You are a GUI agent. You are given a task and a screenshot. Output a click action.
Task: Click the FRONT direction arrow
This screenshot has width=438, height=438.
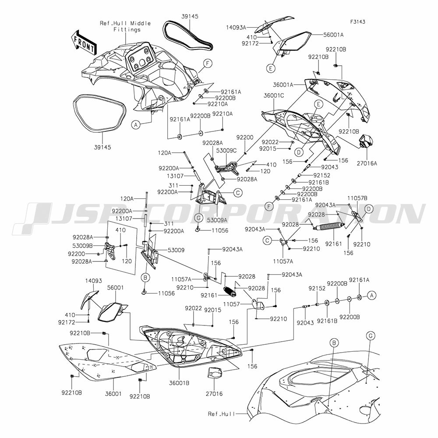point(84,42)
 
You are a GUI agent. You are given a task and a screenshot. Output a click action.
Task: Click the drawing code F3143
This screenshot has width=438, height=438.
point(358,22)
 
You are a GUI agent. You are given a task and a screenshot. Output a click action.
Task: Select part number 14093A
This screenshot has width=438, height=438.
point(236,27)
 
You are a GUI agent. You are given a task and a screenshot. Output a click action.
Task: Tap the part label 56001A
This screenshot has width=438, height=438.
point(333,35)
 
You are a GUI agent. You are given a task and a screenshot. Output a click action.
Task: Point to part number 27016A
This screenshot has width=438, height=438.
point(367,163)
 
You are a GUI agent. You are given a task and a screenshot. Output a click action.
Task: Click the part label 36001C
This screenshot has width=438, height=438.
point(274,95)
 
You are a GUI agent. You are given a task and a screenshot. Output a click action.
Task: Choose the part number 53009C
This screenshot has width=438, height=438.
point(226,151)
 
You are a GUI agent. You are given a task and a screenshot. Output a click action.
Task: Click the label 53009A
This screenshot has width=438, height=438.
point(217,221)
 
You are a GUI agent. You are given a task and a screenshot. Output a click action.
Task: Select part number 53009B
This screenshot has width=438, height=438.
point(82,246)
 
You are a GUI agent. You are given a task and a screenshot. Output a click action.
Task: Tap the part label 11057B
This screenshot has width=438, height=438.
point(357,198)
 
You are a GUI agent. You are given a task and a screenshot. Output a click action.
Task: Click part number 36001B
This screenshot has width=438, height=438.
point(179,383)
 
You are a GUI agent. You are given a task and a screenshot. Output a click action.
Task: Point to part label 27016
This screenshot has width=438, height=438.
point(214,394)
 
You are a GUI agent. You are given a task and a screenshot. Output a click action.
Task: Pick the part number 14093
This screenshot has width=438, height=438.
point(94,281)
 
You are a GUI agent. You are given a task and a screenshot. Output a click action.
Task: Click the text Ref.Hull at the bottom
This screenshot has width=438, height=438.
point(222,414)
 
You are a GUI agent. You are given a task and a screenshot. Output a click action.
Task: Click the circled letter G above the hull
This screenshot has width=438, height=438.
point(371,336)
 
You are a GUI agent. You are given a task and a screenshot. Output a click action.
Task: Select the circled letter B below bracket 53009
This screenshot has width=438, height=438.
point(145,278)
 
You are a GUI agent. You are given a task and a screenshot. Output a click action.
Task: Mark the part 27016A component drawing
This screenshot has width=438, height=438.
point(366,141)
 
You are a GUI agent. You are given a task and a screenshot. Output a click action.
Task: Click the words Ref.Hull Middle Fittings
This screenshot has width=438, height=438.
point(125,26)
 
